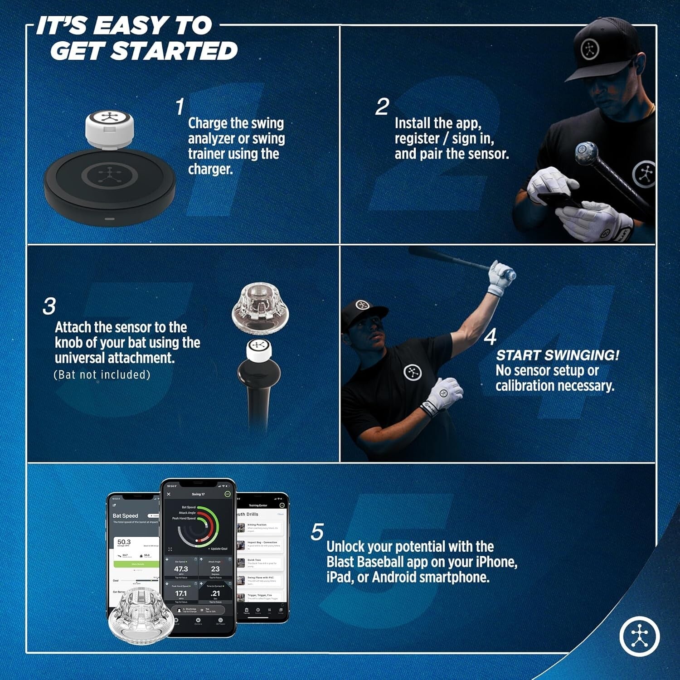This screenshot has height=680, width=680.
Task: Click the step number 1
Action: [180, 107]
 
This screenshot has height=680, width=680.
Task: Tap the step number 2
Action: [382, 107]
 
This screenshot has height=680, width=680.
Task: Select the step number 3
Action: [49, 306]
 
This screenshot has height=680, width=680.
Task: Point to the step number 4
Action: [490, 337]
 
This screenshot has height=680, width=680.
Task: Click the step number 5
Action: [317, 532]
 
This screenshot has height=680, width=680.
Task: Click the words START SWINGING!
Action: [557, 355]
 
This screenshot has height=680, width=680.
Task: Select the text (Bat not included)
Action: [102, 375]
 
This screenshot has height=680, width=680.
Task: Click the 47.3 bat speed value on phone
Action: [181, 569]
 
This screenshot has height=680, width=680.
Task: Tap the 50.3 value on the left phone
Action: [124, 542]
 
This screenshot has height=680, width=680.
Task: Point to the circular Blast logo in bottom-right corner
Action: [640, 636]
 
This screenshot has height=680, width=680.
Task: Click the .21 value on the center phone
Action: [215, 593]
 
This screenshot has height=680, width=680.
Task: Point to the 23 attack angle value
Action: [215, 569]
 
